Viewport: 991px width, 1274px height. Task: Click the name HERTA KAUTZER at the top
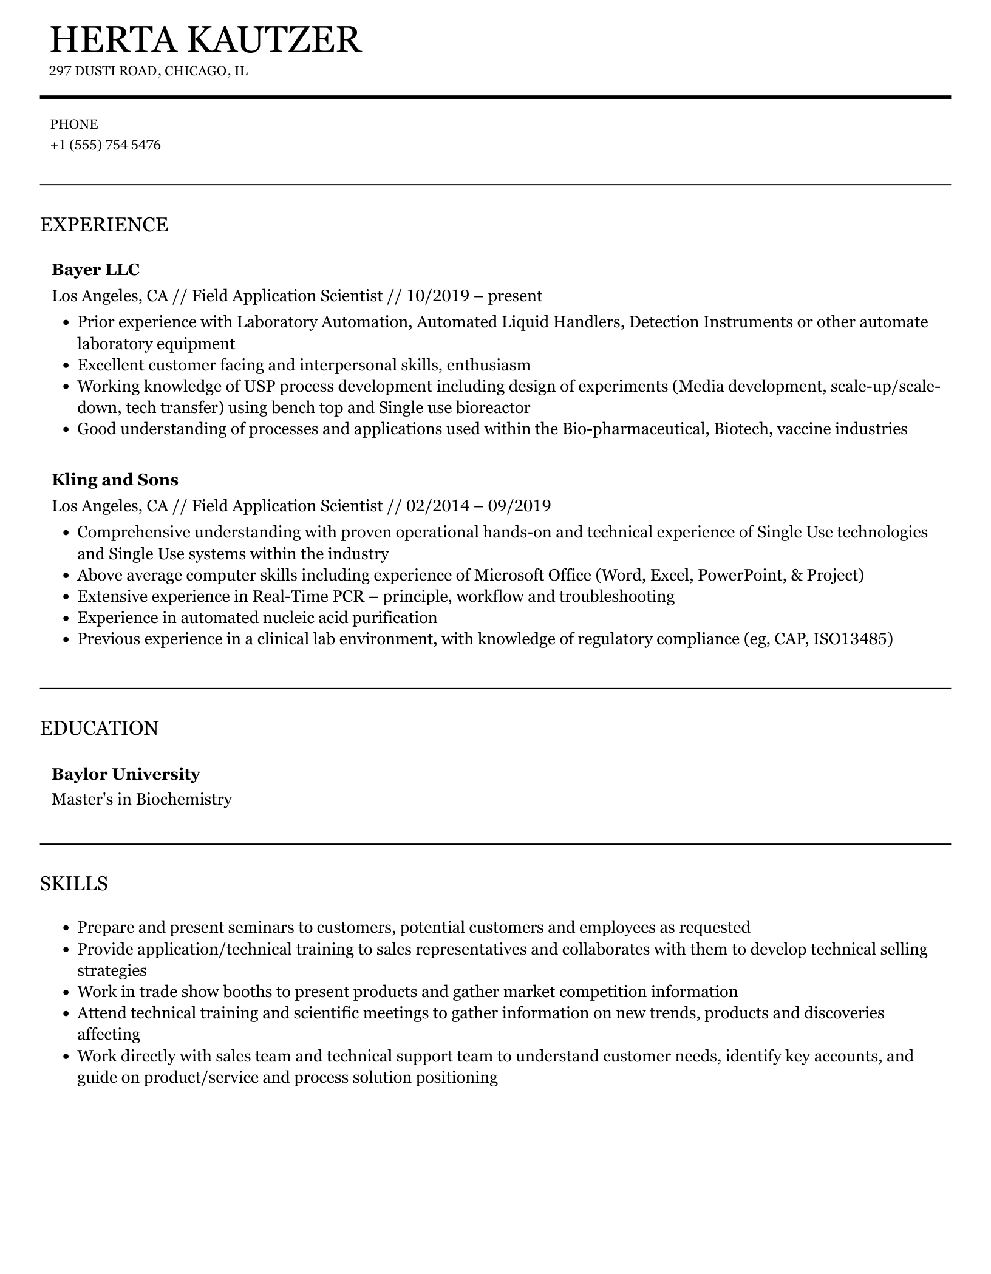(x=206, y=40)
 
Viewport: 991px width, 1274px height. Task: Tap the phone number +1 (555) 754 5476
(x=106, y=145)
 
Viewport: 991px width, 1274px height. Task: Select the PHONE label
(x=74, y=124)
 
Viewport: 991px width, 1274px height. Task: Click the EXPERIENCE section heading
(x=104, y=225)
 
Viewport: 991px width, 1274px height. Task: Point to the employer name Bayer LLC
(x=95, y=269)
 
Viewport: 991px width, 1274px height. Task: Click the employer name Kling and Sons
(x=115, y=480)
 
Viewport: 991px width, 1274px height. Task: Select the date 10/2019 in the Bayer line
(x=438, y=296)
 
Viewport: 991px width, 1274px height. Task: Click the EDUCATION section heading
(x=99, y=728)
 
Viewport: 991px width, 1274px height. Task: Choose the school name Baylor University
(x=126, y=774)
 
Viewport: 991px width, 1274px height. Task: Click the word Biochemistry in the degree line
(x=183, y=799)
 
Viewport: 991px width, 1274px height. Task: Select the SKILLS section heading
(x=74, y=884)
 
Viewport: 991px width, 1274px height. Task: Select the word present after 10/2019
(x=515, y=296)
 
